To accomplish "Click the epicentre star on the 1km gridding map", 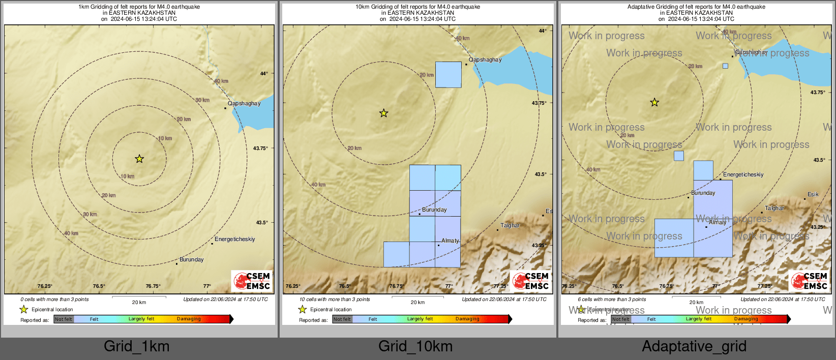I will (139, 159).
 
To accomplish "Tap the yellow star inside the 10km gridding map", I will (384, 113).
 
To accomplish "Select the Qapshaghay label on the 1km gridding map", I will (244, 103).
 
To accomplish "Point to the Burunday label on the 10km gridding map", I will (434, 209).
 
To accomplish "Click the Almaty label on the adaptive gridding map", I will (718, 222).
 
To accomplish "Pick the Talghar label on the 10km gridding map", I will (510, 225).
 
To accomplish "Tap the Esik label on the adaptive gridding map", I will (813, 194).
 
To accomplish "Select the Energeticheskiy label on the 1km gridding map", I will (234, 239).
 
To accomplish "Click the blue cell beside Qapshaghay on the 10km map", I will (449, 75).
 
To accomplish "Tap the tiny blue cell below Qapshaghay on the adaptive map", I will (725, 66).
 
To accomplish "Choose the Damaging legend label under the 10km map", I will (467, 319).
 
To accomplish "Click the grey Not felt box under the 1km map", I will (64, 319).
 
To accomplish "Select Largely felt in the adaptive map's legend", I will (699, 319).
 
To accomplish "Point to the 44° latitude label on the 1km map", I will (264, 74).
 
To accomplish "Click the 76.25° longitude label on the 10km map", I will (293, 286).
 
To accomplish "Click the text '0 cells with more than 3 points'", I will (54, 299).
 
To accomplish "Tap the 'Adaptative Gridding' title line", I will (696, 7).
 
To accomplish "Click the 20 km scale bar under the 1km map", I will (139, 297).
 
